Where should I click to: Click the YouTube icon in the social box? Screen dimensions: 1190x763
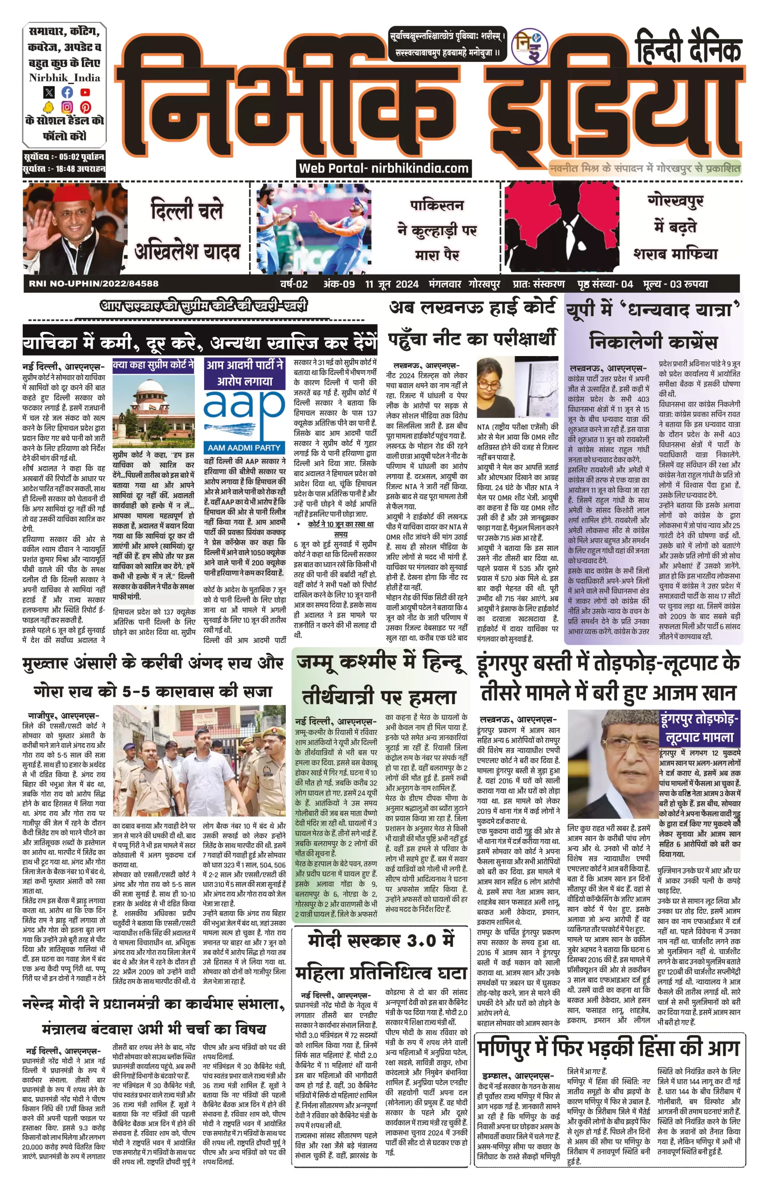(x=85, y=92)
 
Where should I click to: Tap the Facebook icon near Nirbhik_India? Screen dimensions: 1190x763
(x=67, y=92)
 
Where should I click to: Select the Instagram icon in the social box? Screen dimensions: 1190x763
(x=67, y=107)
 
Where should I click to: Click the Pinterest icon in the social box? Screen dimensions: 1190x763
(x=85, y=107)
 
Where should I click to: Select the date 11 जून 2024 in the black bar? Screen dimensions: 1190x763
(x=391, y=284)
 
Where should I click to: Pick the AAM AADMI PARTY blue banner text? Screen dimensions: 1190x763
(x=244, y=448)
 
